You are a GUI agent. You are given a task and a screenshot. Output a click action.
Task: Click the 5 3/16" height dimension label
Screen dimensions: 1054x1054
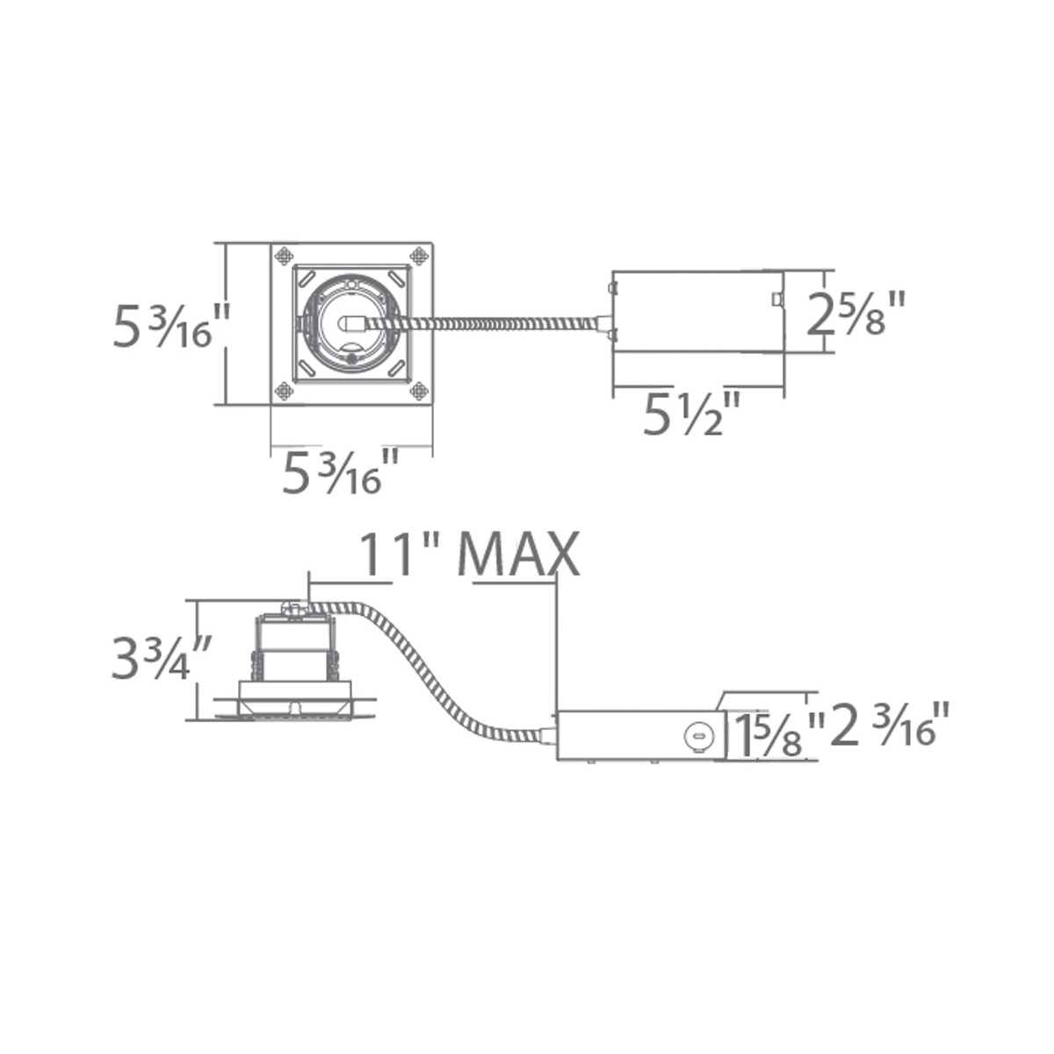(x=171, y=326)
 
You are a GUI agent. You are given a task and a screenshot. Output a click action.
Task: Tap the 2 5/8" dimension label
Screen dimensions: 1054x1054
(x=855, y=318)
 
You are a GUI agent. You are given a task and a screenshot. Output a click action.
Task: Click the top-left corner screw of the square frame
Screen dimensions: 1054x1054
(x=284, y=256)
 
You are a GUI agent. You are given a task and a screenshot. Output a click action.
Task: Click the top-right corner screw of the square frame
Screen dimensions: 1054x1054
(x=419, y=256)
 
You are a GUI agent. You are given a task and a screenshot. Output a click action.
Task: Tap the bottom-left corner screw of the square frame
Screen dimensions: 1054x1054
(x=284, y=392)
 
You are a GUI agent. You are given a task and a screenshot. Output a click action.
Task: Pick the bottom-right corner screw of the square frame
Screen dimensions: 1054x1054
(x=419, y=392)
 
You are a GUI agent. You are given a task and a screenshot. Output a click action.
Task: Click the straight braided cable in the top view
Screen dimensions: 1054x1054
(x=492, y=323)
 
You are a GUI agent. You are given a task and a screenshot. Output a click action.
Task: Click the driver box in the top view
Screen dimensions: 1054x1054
(x=698, y=312)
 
